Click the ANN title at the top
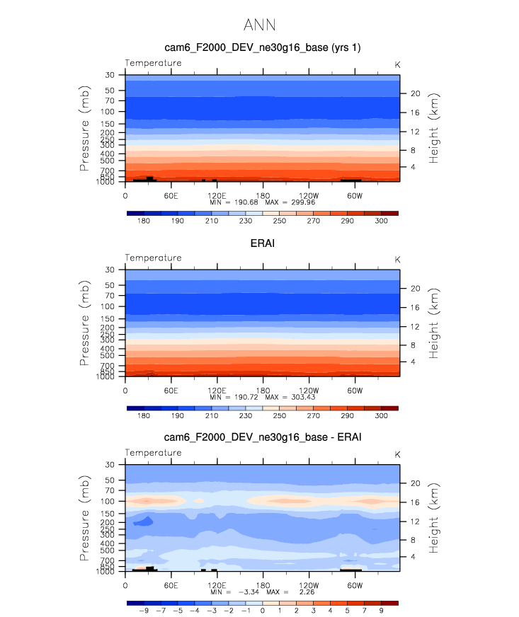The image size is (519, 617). [259, 25]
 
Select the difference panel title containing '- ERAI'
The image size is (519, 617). [262, 437]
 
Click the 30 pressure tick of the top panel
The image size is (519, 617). [110, 75]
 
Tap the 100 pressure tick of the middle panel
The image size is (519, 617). [108, 306]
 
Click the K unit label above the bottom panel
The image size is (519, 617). [397, 454]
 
